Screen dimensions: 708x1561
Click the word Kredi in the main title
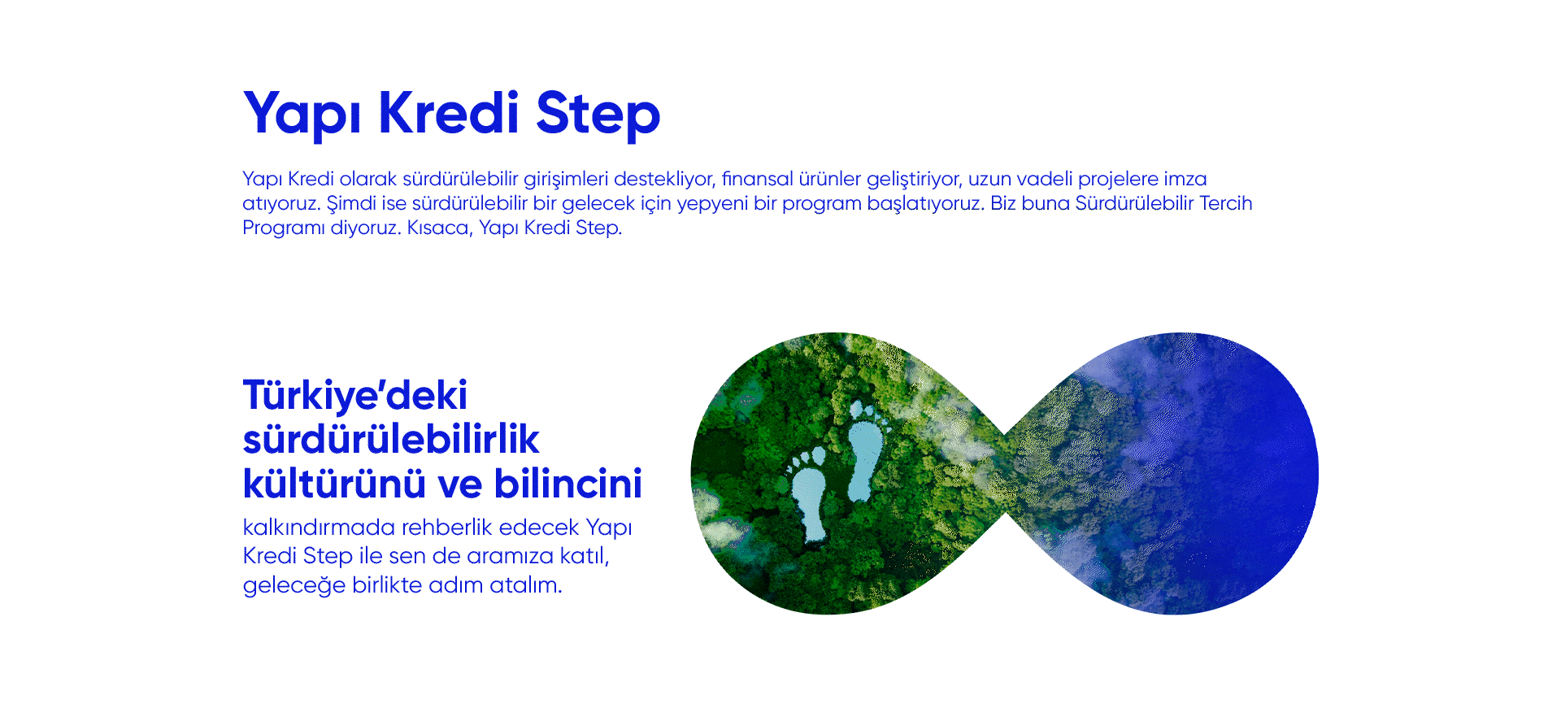(448, 113)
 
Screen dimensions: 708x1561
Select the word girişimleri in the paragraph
(566, 179)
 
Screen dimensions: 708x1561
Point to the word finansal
(757, 179)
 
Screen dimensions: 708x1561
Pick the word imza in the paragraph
(1185, 179)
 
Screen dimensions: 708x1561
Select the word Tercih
(1225, 203)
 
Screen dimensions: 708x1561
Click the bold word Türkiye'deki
(355, 396)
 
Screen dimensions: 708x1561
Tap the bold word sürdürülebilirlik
(391, 440)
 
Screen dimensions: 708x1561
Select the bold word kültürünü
(334, 484)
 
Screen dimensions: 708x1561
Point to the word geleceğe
(294, 586)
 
